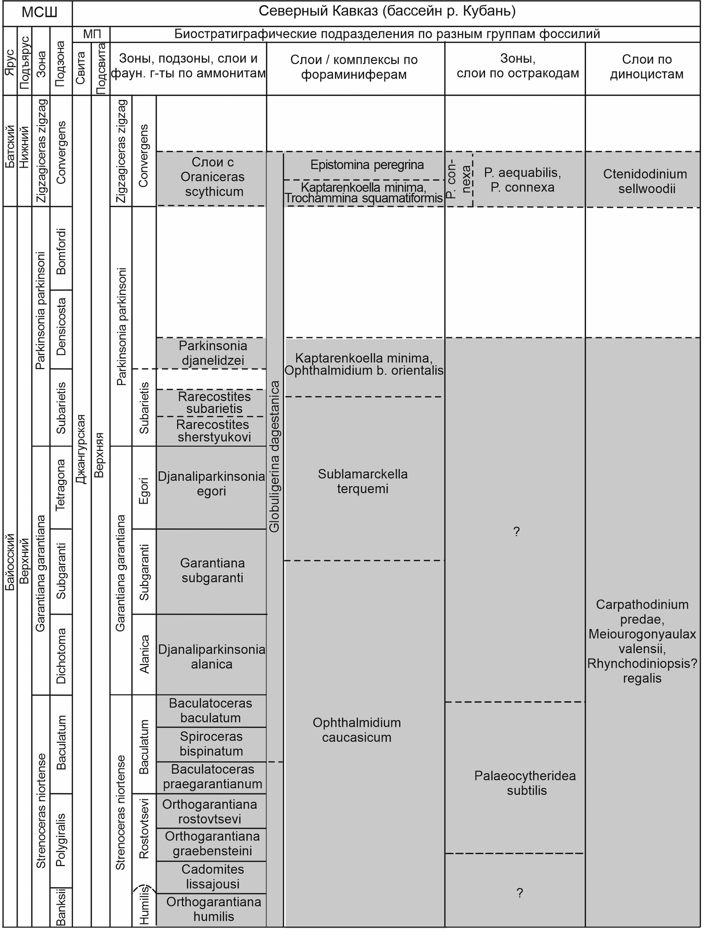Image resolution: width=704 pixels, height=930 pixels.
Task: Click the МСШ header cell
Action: [x=39, y=13]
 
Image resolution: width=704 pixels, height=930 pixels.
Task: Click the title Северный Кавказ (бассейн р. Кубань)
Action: [x=386, y=11]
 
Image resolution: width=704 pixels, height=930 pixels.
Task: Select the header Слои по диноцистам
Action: [x=646, y=67]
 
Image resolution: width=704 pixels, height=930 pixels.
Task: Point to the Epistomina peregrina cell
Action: [x=367, y=165]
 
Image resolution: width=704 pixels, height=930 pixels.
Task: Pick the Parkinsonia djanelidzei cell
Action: [x=213, y=353]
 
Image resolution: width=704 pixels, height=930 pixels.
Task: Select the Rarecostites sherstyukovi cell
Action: [x=214, y=431]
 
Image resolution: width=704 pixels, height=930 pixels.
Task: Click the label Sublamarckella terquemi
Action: [x=362, y=481]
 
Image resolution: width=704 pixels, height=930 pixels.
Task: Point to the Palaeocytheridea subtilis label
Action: [x=525, y=783]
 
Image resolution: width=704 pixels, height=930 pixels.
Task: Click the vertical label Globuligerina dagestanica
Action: [x=274, y=456]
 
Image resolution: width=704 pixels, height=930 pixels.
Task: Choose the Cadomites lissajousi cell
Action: [x=213, y=877]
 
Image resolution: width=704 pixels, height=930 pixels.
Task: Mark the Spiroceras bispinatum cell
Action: [x=211, y=744]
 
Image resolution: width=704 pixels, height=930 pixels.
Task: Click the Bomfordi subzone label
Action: [x=61, y=251]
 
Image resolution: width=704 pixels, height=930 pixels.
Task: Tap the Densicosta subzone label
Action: [x=61, y=327]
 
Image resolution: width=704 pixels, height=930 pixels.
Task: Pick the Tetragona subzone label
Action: [x=61, y=485]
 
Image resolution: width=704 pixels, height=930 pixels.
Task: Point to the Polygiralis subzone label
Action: [x=61, y=840]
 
